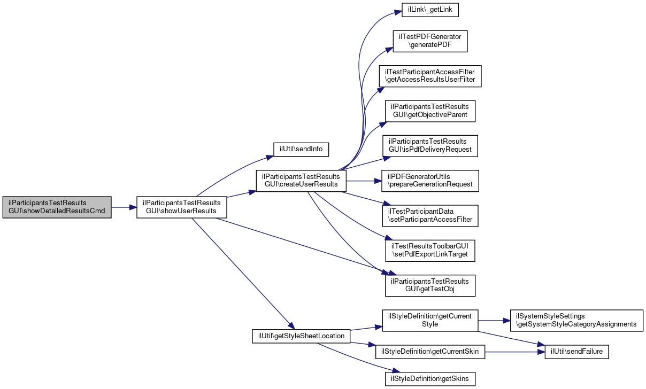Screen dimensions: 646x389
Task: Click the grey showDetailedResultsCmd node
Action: tap(57, 207)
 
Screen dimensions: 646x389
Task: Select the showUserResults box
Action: tap(181, 207)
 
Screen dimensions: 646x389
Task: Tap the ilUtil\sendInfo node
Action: tap(301, 149)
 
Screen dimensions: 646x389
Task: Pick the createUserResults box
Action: tap(301, 181)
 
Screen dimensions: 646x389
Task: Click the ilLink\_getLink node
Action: tap(430, 10)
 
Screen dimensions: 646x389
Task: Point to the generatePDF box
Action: tap(430, 41)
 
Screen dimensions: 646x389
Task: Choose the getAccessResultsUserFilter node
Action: tap(430, 76)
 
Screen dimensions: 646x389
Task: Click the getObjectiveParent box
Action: tap(430, 111)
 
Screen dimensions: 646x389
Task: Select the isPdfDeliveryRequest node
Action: tap(430, 146)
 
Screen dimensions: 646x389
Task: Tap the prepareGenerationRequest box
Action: tap(430, 181)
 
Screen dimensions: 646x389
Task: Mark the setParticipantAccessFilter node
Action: tap(430, 215)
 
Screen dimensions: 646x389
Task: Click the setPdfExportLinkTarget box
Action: tap(430, 251)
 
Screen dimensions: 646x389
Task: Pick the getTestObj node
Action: tap(430, 285)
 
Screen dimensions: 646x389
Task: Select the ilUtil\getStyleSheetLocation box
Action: tap(301, 336)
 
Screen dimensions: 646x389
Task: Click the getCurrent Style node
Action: tap(430, 321)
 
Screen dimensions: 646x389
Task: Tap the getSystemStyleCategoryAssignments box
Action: tap(576, 321)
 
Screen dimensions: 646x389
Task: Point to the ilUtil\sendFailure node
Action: tap(576, 352)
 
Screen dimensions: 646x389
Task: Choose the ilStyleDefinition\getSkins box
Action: tap(430, 379)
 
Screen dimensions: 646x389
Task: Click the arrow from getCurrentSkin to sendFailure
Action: tap(515, 352)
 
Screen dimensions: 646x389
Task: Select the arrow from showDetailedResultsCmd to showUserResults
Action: tap(124, 207)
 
